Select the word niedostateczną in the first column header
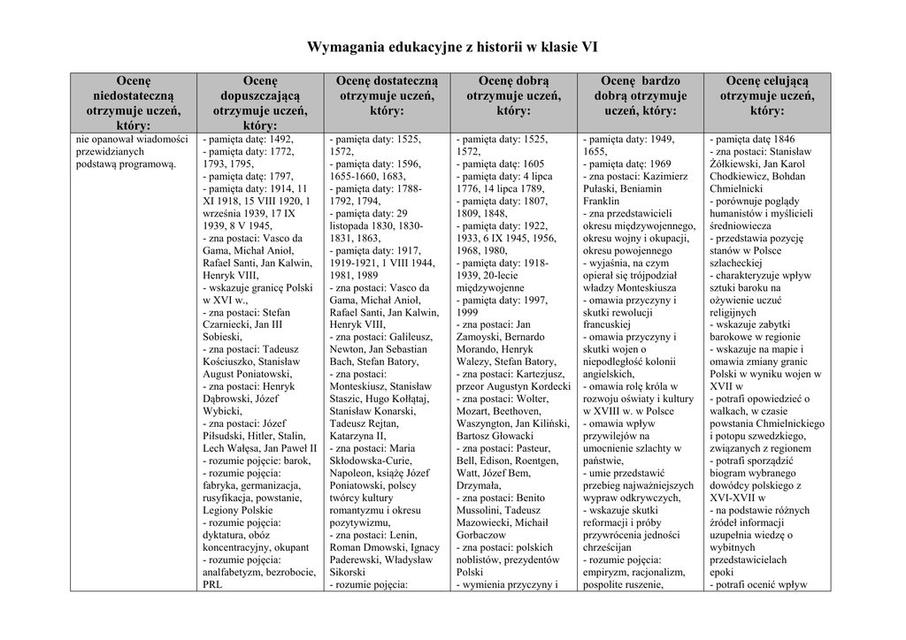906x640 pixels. pos(133,95)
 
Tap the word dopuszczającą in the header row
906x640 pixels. pos(260,95)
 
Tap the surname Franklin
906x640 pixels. pos(602,202)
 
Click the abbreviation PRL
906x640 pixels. pos(212,584)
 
